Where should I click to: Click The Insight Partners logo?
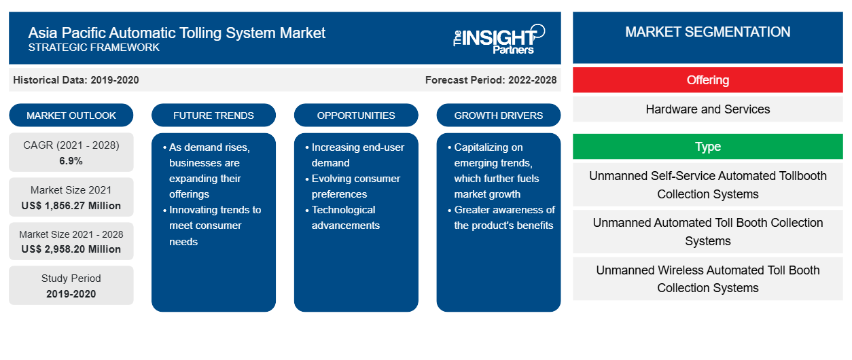click(499, 39)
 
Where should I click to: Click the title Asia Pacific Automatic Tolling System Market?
click(177, 33)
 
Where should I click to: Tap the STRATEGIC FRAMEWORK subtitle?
click(94, 48)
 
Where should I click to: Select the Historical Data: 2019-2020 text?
click(76, 80)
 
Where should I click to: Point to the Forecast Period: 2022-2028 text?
click(491, 80)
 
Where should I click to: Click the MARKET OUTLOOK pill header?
click(71, 115)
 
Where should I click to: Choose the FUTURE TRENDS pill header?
click(213, 115)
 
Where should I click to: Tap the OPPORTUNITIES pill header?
click(356, 115)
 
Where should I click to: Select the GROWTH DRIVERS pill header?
click(498, 115)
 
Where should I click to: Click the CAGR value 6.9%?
click(71, 161)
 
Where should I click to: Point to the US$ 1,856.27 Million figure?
click(71, 206)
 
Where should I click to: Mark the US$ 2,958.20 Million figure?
click(71, 249)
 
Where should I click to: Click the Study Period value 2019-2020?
click(71, 294)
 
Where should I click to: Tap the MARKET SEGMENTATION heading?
click(708, 32)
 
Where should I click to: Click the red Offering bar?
click(708, 80)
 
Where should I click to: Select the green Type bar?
click(708, 146)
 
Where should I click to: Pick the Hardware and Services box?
click(708, 109)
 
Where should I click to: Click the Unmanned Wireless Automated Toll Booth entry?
click(708, 278)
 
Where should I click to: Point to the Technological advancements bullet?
click(342, 217)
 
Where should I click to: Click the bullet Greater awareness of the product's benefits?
click(501, 217)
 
